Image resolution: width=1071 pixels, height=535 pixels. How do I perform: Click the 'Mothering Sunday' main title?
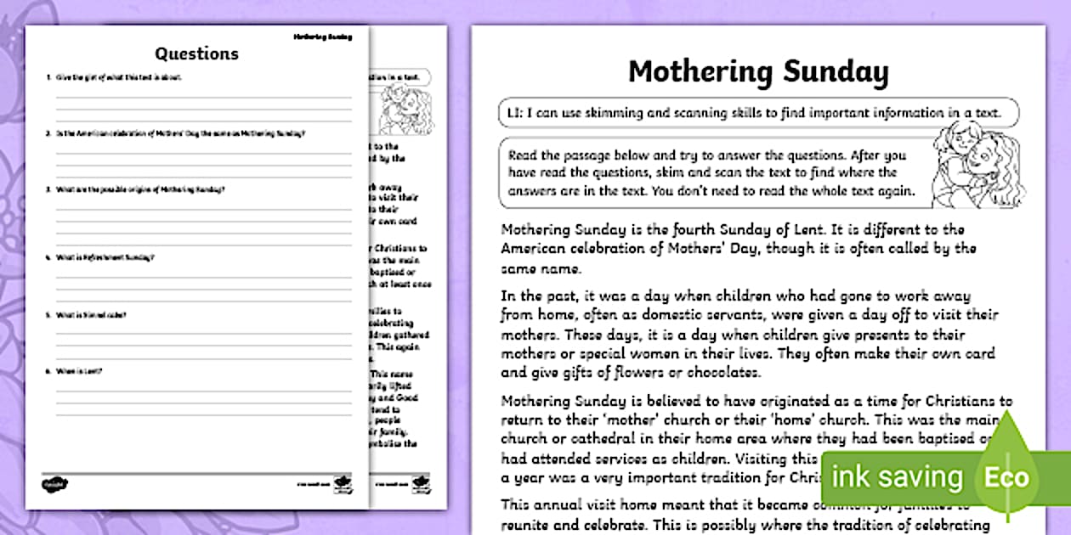coord(758,72)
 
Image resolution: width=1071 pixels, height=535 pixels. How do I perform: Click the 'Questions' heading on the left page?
coord(196,53)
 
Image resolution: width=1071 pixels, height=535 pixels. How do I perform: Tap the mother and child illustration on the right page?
coord(974,166)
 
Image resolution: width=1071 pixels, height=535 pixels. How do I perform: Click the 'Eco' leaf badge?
coord(1006,476)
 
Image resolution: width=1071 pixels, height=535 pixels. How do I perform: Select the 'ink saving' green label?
coord(897,476)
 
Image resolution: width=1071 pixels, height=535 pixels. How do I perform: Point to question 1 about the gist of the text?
coord(118,77)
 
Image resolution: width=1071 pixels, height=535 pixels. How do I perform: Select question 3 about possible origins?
coord(140,189)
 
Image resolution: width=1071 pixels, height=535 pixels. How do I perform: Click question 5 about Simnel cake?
coord(92,315)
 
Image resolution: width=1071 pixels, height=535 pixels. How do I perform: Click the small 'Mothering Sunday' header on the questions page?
coord(322,37)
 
